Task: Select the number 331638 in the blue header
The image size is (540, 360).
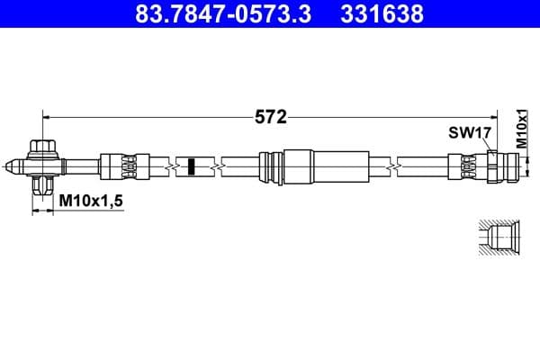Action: tap(382, 14)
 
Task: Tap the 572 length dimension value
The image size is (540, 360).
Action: tap(269, 116)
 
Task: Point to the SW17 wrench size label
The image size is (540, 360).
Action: tap(469, 133)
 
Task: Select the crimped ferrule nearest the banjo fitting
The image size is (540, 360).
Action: tap(119, 166)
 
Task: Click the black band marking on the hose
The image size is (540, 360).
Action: tap(191, 166)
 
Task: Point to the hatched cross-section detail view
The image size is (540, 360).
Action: tap(496, 237)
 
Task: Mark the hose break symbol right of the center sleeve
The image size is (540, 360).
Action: tap(392, 166)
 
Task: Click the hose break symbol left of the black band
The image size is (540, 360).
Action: tap(169, 166)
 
